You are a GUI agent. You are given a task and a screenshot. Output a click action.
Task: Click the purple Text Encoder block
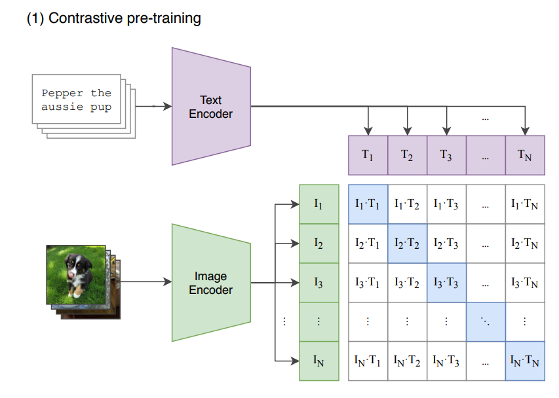point(211,107)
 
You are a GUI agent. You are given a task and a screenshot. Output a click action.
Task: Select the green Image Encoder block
point(211,283)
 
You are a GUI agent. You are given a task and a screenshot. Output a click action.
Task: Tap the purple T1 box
point(368,155)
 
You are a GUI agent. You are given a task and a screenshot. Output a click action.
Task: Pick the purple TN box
point(525,155)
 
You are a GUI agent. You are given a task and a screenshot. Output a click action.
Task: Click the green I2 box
point(319,244)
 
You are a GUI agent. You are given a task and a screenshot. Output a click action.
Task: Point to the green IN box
point(319,361)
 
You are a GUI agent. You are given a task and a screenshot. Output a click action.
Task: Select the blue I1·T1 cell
point(368,204)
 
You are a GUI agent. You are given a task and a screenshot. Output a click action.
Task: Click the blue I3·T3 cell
point(446,283)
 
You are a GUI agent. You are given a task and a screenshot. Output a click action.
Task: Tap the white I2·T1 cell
point(368,244)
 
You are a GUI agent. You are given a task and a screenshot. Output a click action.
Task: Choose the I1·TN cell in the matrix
point(525,204)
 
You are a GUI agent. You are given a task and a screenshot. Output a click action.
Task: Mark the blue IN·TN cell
point(525,361)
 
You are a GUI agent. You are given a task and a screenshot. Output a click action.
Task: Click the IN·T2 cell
point(407,361)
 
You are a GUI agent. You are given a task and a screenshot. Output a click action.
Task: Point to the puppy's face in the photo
point(73,266)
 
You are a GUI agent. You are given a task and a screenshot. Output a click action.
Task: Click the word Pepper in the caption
point(62,94)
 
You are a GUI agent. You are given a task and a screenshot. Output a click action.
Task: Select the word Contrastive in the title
point(85,18)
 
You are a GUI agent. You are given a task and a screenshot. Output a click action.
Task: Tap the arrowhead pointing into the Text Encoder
point(167,106)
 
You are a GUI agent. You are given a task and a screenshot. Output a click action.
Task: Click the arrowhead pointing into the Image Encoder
point(167,282)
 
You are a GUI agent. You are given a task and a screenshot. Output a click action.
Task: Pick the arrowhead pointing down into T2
point(407,131)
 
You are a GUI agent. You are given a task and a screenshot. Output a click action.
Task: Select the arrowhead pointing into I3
point(295,283)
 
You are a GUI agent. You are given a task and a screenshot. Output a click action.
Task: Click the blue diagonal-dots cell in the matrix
point(486,322)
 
